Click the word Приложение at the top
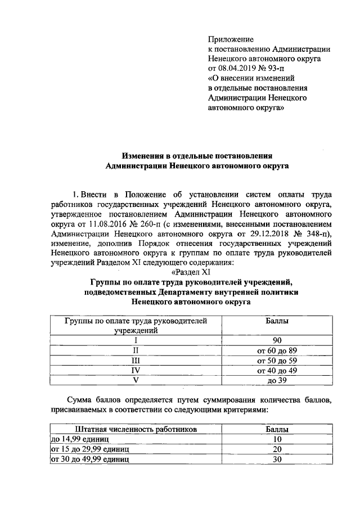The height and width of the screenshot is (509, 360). click(231, 39)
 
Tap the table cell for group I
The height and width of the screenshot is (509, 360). click(134, 341)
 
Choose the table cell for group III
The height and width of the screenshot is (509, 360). click(134, 361)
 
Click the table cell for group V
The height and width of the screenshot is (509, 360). click(134, 380)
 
